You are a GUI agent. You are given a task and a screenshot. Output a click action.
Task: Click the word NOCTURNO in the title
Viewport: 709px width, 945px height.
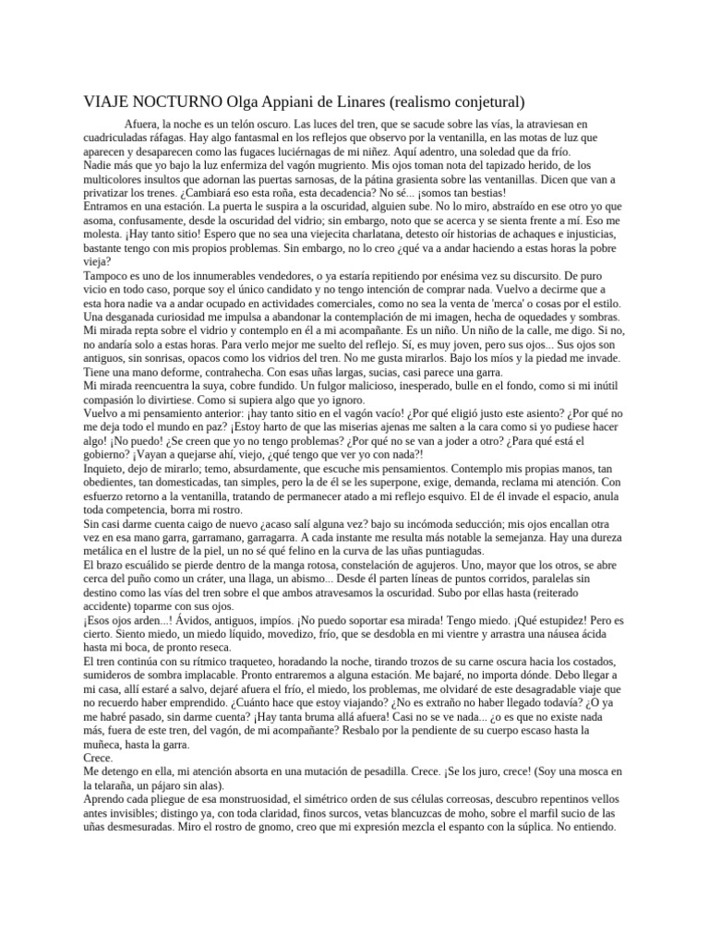coord(175,101)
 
